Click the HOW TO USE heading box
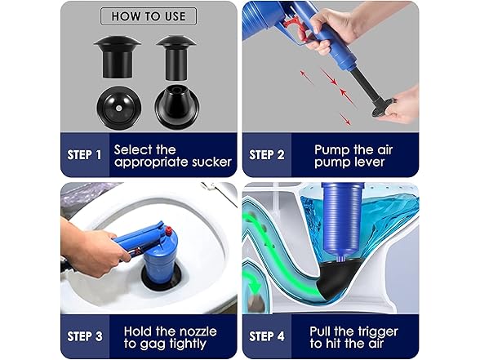pos(148,16)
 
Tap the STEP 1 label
pos(84,154)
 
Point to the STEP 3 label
pos(84,336)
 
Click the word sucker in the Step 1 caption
pos(207,162)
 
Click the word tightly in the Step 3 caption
pos(188,344)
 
